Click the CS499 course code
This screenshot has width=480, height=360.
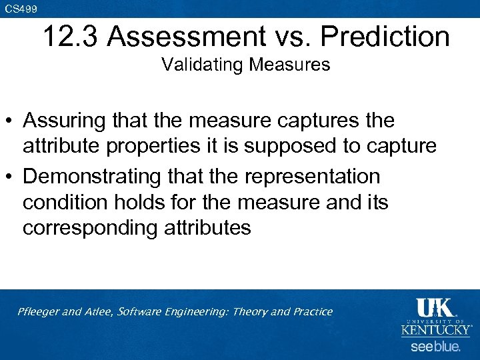point(21,8)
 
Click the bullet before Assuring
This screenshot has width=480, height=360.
point(9,122)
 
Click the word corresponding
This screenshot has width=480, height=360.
point(93,228)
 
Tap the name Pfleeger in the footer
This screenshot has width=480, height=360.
point(39,312)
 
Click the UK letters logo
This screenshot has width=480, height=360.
point(436,308)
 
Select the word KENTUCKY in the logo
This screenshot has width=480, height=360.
point(436,329)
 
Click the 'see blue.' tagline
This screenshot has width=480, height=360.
point(435,347)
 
